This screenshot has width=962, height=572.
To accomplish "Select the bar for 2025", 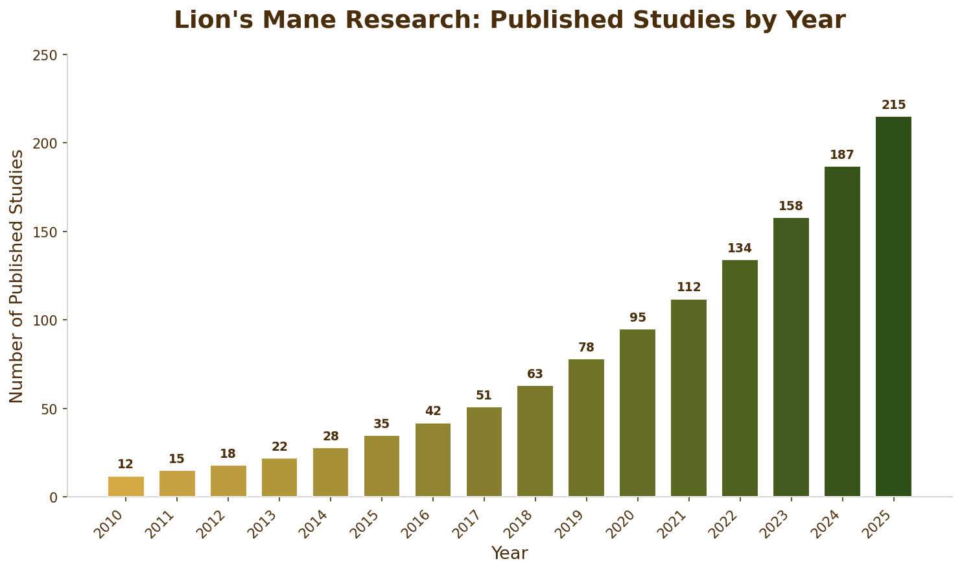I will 893,307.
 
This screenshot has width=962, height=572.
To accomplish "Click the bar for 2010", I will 126,486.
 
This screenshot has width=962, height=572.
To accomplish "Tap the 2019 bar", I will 586,428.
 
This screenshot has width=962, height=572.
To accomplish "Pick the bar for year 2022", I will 740,378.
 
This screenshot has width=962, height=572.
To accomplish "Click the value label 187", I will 842,156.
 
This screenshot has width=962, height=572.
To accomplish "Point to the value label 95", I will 638,318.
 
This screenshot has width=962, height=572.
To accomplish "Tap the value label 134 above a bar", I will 740,249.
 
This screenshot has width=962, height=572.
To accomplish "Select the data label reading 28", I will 331,437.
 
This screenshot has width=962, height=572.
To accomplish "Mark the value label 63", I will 535,375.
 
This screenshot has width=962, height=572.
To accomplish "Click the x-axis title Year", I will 510,554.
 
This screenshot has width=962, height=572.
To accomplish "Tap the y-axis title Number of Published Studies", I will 17,276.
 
